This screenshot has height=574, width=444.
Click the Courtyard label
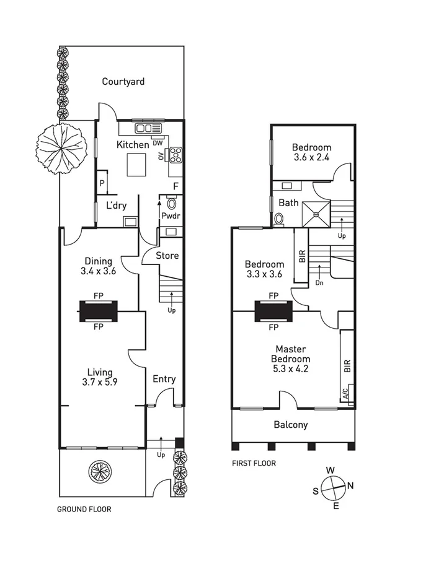(x=123, y=81)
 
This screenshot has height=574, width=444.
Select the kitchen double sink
(x=148, y=128)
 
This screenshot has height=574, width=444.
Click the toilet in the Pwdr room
(x=172, y=204)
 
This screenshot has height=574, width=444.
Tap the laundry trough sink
(x=130, y=222)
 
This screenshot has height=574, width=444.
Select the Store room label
(x=167, y=255)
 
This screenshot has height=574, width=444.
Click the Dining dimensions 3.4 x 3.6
(x=99, y=271)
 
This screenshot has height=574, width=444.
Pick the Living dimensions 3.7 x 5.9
(x=99, y=382)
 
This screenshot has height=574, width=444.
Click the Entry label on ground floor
(x=164, y=379)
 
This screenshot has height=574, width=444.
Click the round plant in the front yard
(x=99, y=471)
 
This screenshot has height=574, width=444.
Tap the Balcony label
(x=291, y=425)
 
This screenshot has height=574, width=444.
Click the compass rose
(x=334, y=487)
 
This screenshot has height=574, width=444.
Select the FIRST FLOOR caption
(x=254, y=463)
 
